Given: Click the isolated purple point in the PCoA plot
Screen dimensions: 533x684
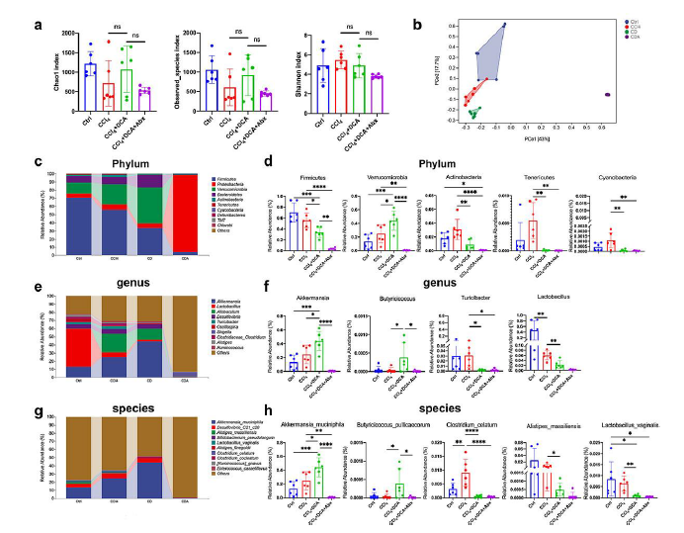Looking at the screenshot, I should [x=607, y=94].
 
